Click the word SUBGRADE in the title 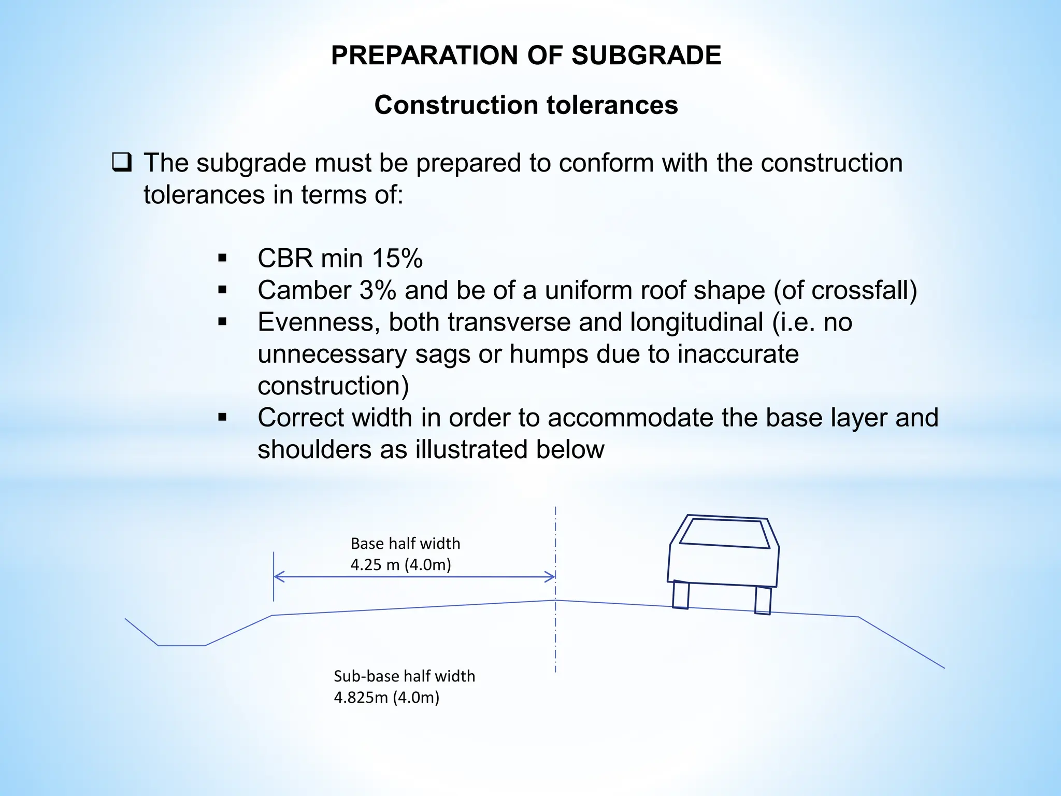point(646,55)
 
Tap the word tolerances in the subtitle point(613,105)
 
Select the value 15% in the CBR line point(397,258)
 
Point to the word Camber point(304,290)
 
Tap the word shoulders point(314,449)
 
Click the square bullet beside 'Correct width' point(223,418)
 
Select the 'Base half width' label point(405,544)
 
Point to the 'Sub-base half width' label point(404,676)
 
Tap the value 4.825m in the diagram point(361,698)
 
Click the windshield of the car point(724,533)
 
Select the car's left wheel point(681,595)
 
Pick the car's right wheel point(763,600)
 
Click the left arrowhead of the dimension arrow point(278,576)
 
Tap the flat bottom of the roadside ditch point(181,645)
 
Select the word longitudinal point(697,322)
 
